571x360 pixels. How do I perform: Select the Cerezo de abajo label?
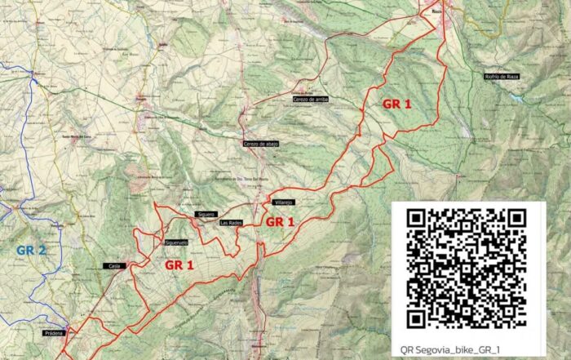[261, 144]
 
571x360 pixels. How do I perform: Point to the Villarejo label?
[282, 202]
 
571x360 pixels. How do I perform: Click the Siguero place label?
[206, 215]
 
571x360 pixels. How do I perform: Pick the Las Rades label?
[231, 222]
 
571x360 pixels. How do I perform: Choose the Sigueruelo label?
[176, 242]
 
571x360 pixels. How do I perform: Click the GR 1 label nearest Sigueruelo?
[179, 265]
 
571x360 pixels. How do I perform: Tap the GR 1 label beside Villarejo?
[280, 222]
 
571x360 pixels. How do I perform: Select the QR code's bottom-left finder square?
[418, 318]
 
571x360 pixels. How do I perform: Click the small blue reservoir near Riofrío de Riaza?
[516, 95]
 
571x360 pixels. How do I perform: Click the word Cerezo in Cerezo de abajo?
[251, 144]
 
